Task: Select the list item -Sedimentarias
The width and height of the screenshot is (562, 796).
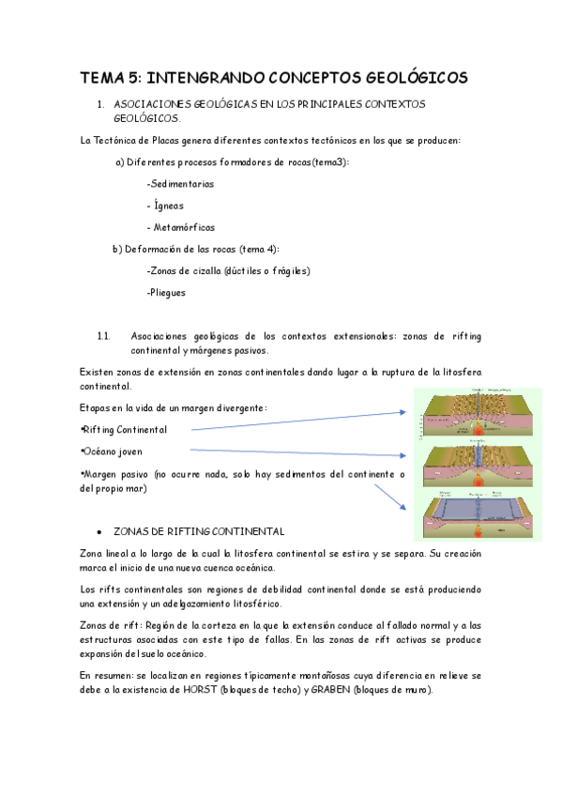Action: (180, 184)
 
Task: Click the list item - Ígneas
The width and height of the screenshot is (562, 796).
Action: (165, 206)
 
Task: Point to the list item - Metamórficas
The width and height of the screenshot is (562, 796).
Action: (180, 227)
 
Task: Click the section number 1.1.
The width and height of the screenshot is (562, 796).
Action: (104, 335)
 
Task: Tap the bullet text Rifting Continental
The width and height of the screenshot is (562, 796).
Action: (125, 429)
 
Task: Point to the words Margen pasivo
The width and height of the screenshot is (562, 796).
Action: (114, 475)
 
